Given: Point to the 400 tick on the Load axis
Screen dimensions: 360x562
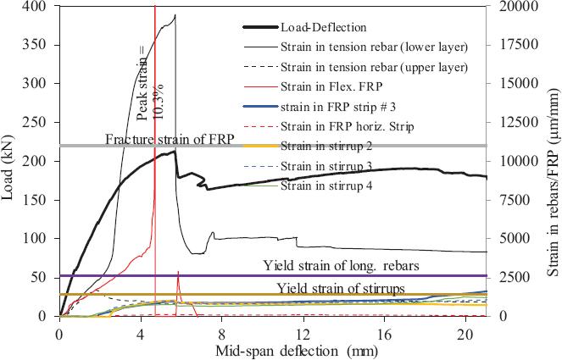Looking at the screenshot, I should [x=36, y=7].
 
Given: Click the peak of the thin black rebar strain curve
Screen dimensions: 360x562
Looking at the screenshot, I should [x=175, y=14].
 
